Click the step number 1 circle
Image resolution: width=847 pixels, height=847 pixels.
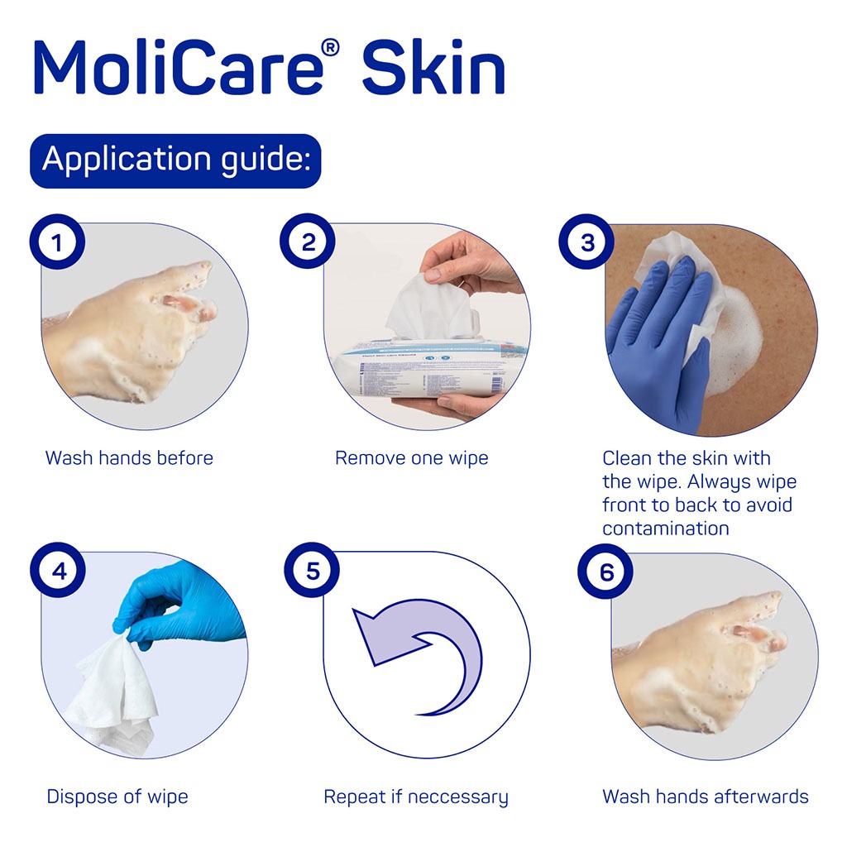pyautogui.click(x=57, y=243)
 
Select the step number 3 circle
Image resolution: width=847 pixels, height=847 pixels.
pyautogui.click(x=587, y=243)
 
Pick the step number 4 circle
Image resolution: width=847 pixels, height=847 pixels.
pyautogui.click(x=57, y=572)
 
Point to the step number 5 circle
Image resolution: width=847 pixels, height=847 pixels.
pyautogui.click(x=312, y=572)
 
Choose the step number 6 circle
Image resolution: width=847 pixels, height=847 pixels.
pyautogui.click(x=605, y=572)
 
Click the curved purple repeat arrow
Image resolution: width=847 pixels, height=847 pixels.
pyautogui.click(x=422, y=653)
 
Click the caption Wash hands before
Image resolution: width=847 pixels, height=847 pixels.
pyautogui.click(x=129, y=457)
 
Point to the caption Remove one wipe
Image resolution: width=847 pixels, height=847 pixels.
pyautogui.click(x=411, y=457)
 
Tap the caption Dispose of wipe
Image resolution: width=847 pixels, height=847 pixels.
pyautogui.click(x=117, y=797)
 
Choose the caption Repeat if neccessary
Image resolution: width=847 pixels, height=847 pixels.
pyautogui.click(x=415, y=797)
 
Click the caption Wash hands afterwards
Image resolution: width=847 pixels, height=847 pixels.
pyautogui.click(x=705, y=797)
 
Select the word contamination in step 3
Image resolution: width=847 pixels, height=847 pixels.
pyautogui.click(x=665, y=528)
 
